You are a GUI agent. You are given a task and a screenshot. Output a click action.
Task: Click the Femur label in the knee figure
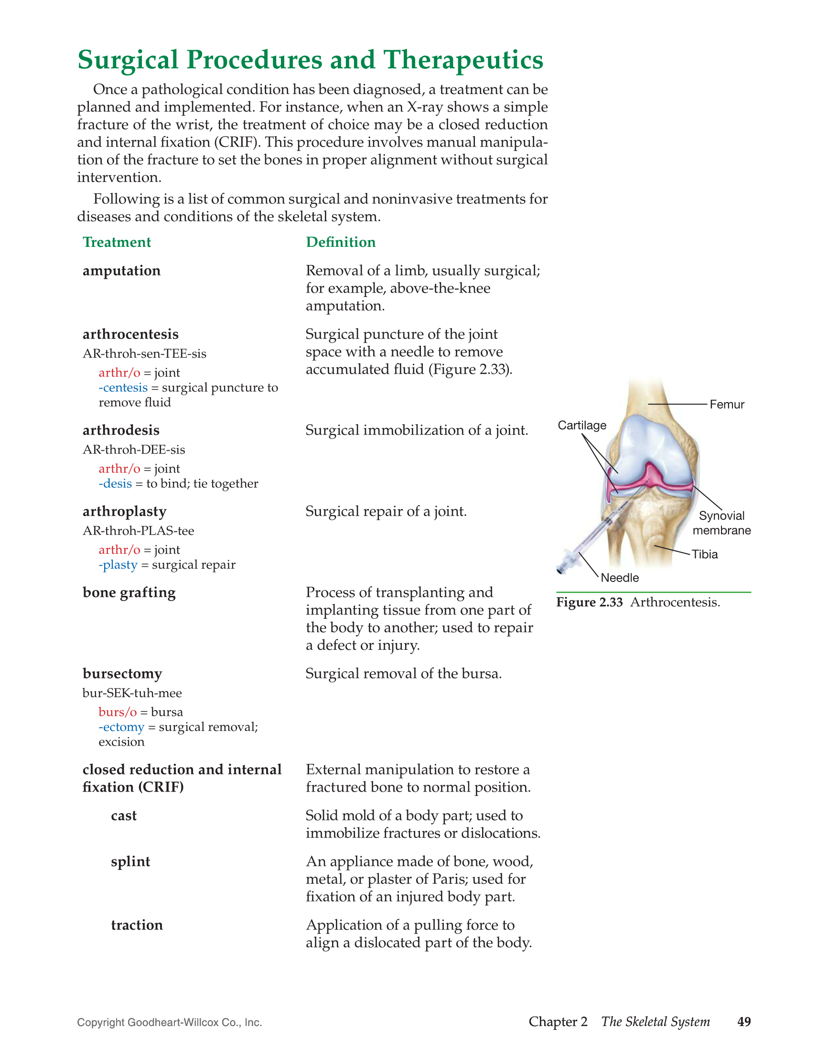727,404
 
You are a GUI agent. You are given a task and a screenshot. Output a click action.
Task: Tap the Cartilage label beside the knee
582,425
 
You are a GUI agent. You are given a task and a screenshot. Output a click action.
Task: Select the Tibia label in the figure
704,554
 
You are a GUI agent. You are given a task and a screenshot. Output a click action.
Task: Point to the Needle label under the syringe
620,578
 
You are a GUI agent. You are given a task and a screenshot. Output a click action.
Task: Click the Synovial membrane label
721,523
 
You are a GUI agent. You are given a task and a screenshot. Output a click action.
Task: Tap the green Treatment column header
117,242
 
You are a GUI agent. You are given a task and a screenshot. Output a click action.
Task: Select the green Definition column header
341,242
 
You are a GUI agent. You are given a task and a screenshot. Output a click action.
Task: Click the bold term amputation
121,271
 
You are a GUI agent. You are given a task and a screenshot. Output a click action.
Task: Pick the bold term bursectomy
122,674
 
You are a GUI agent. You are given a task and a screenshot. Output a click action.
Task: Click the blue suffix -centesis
123,387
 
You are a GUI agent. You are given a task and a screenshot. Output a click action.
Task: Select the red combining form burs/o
118,712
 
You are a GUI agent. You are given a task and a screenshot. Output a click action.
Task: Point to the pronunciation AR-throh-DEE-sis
134,449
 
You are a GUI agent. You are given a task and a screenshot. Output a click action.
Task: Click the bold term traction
137,925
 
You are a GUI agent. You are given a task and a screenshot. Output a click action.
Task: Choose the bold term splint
130,862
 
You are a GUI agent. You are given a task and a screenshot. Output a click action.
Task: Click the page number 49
743,1022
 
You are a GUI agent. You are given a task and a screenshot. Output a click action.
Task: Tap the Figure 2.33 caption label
589,602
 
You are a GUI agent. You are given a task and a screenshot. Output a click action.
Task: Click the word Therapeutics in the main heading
463,60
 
